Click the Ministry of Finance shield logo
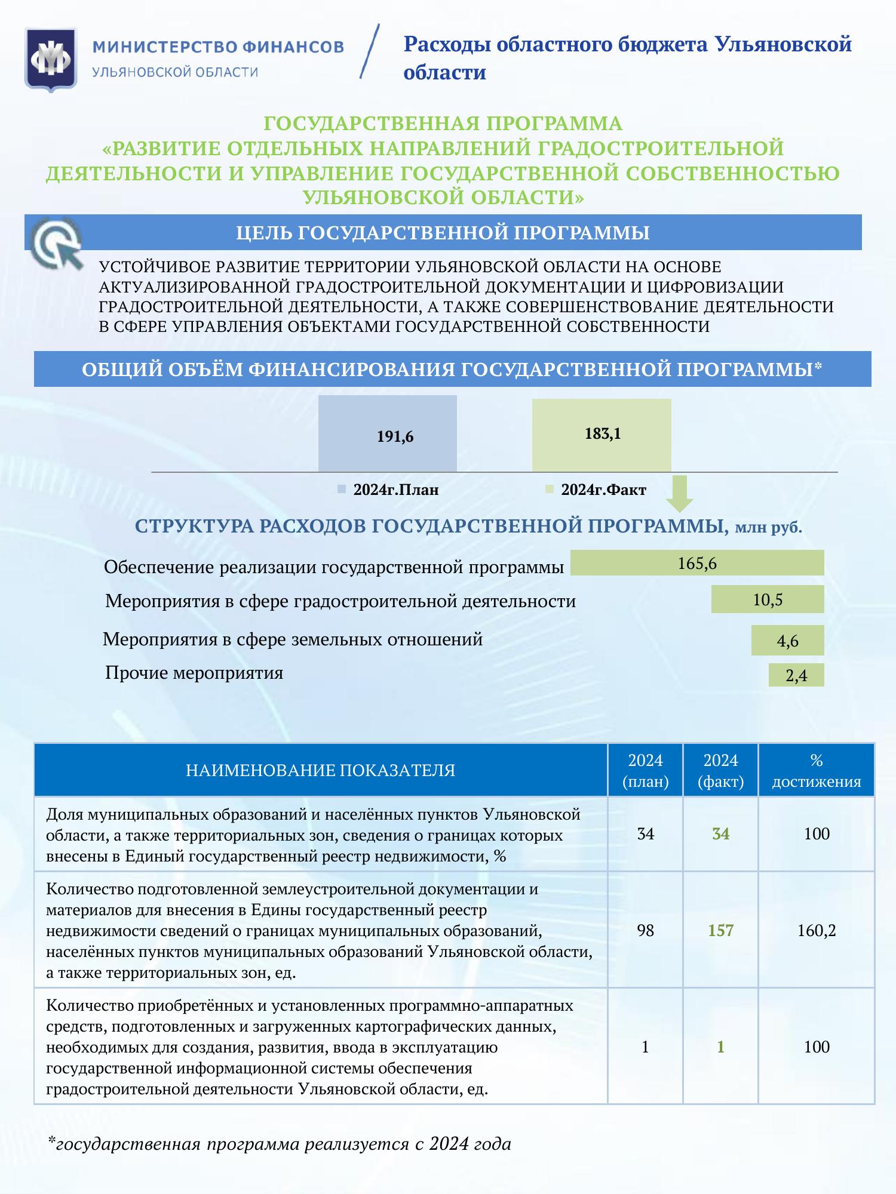click(51, 60)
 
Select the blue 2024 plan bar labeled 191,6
click(388, 434)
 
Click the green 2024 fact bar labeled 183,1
click(602, 435)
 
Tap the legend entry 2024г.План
click(389, 490)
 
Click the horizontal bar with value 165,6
click(697, 563)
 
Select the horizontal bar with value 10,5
click(768, 599)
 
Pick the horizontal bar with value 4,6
click(787, 641)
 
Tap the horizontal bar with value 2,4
click(796, 675)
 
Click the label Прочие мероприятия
click(194, 673)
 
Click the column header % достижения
click(816, 770)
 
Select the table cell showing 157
click(720, 930)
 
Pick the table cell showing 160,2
click(816, 930)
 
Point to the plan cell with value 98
click(645, 930)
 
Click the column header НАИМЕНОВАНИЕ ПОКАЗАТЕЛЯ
click(321, 770)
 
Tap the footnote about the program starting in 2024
click(280, 1144)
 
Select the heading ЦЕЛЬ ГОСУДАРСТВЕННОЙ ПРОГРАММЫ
click(443, 232)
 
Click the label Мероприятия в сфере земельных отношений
click(293, 640)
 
